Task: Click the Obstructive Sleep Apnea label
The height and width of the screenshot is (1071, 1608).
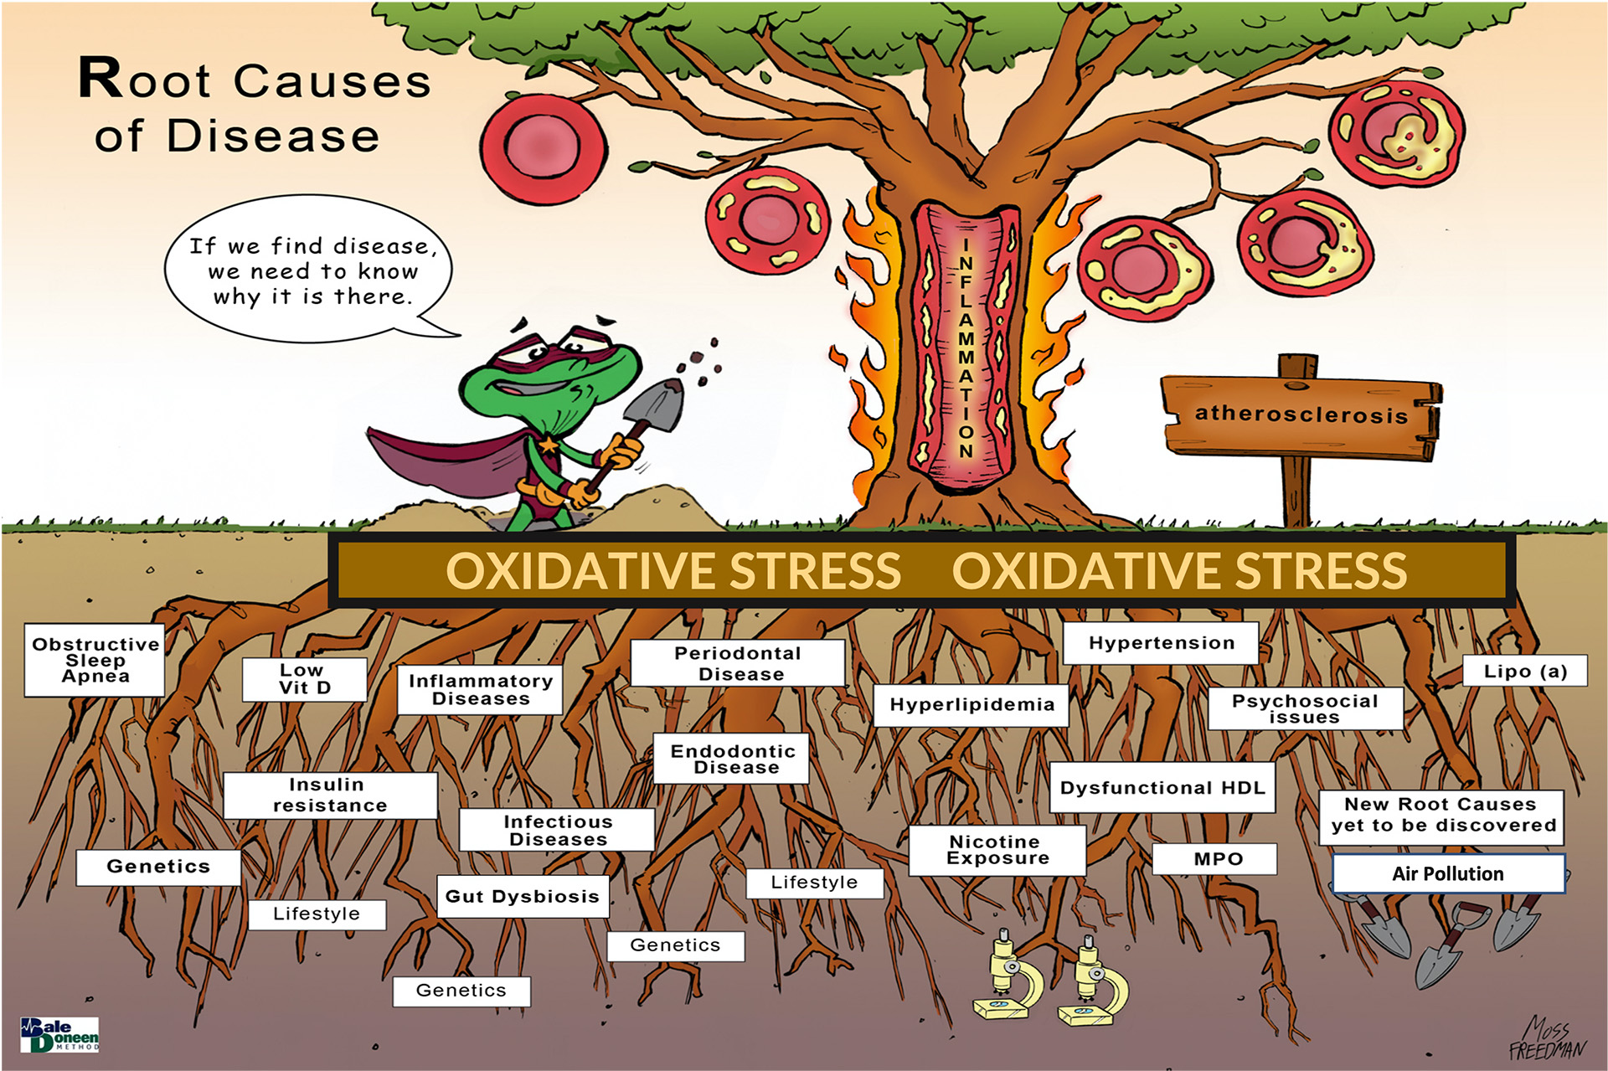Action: click(x=95, y=660)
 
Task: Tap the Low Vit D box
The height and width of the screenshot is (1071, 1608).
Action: click(x=305, y=679)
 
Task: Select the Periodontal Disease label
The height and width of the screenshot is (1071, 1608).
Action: click(x=738, y=663)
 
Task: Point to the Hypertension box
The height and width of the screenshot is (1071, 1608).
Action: click(x=1161, y=643)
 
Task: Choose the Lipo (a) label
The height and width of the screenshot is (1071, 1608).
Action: click(x=1524, y=671)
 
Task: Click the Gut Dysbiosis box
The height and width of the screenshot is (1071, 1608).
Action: click(x=523, y=896)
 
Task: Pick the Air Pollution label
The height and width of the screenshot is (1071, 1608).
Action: click(x=1448, y=873)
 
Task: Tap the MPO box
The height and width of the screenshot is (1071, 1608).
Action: click(x=1214, y=859)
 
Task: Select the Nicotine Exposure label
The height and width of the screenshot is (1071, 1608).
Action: click(x=997, y=850)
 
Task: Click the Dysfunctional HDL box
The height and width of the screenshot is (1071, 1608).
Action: click(x=1162, y=787)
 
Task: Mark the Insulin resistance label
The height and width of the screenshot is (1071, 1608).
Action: click(x=330, y=795)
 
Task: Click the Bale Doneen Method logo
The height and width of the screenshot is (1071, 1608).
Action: click(x=59, y=1035)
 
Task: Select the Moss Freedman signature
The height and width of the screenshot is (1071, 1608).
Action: click(x=1547, y=1039)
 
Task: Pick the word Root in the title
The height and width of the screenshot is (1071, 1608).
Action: click(x=145, y=80)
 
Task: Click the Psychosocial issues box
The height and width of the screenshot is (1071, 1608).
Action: click(x=1305, y=708)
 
